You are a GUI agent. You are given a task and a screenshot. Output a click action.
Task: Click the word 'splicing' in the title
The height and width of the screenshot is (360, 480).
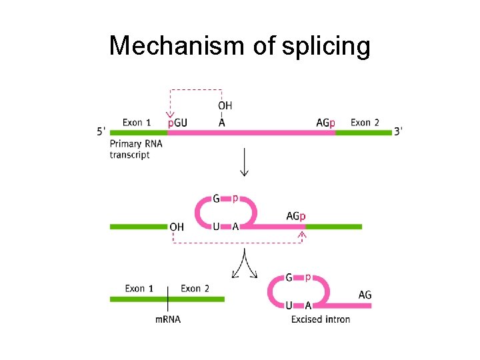tap(320, 46)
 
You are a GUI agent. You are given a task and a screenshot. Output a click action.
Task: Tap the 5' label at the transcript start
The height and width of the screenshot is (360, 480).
tap(101, 131)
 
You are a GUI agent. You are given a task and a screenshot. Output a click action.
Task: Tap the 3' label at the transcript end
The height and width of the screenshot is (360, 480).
tap(398, 131)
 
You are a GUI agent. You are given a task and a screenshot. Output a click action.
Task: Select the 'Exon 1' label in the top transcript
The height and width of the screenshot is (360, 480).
tap(137, 123)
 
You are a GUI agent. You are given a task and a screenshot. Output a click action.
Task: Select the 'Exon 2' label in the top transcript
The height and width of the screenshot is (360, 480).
tap(365, 123)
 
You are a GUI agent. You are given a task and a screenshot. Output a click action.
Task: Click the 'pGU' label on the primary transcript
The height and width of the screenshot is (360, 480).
tap(177, 123)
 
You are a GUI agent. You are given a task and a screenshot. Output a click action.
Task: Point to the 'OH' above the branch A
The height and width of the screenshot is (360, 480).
tap(225, 105)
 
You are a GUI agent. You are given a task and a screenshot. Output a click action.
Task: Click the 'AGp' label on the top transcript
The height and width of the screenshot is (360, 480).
tap(325, 123)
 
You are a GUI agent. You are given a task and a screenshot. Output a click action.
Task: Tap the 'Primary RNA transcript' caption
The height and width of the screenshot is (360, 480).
tap(136, 149)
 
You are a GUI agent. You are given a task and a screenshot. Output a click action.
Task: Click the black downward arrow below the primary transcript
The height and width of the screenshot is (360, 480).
tap(245, 162)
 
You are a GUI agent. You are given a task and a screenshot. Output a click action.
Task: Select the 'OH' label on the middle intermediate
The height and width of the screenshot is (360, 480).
tap(177, 227)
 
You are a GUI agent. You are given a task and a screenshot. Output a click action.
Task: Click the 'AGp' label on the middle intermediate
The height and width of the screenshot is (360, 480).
tap(296, 216)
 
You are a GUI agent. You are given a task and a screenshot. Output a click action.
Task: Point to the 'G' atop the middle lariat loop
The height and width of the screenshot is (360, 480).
tap(216, 199)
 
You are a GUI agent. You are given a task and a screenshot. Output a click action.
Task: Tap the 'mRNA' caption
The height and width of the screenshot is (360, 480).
tap(168, 319)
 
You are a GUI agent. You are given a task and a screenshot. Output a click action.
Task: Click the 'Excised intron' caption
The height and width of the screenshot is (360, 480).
tap(321, 319)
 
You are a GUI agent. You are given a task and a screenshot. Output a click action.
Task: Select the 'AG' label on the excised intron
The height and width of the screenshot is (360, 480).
tap(365, 295)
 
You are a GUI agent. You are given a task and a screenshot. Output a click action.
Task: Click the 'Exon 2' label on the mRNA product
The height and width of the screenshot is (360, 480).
tap(195, 289)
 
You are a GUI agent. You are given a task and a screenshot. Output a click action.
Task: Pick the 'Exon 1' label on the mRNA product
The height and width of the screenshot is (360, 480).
tap(139, 289)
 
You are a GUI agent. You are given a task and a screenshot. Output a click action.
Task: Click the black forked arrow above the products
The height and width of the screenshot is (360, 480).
tap(245, 263)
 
